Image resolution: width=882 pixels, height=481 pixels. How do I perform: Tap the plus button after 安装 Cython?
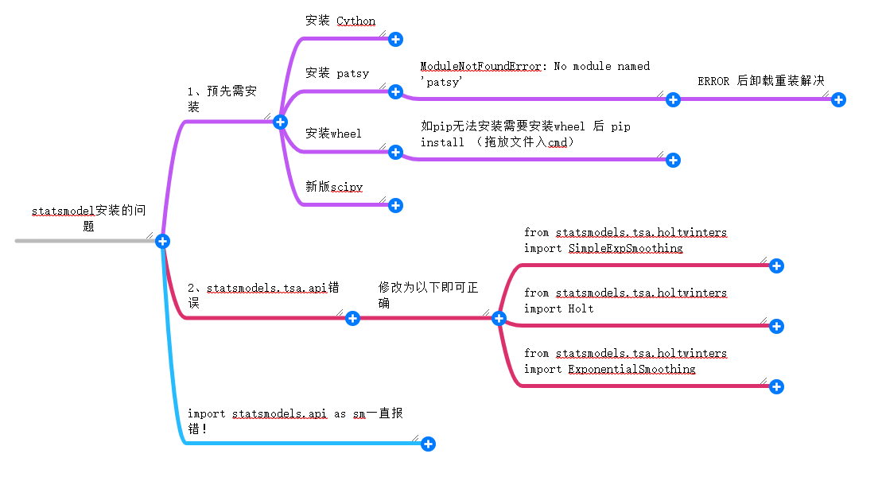(395, 39)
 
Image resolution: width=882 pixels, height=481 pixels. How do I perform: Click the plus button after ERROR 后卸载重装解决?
(838, 99)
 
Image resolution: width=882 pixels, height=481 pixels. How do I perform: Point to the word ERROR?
(713, 81)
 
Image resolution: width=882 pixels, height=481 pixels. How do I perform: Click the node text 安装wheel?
(333, 133)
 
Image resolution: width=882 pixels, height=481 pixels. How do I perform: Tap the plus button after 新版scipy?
(395, 205)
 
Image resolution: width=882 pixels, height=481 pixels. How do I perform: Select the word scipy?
(347, 187)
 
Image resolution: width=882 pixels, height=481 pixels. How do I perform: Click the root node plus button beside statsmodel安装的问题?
(163, 241)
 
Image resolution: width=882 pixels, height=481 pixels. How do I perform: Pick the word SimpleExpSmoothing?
(625, 248)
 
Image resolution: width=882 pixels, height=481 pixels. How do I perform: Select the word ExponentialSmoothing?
(631, 369)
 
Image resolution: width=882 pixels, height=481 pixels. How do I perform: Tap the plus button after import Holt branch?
(777, 326)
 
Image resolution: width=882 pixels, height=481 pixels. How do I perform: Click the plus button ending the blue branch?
(428, 444)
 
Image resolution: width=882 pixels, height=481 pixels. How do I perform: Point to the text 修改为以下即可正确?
(428, 294)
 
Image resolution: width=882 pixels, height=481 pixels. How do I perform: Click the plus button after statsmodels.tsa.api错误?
(352, 318)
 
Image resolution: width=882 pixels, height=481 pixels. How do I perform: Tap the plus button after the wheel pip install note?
(673, 160)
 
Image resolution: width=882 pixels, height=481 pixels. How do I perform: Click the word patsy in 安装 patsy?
(352, 73)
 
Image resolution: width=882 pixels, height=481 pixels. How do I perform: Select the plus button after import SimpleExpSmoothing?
(777, 266)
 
